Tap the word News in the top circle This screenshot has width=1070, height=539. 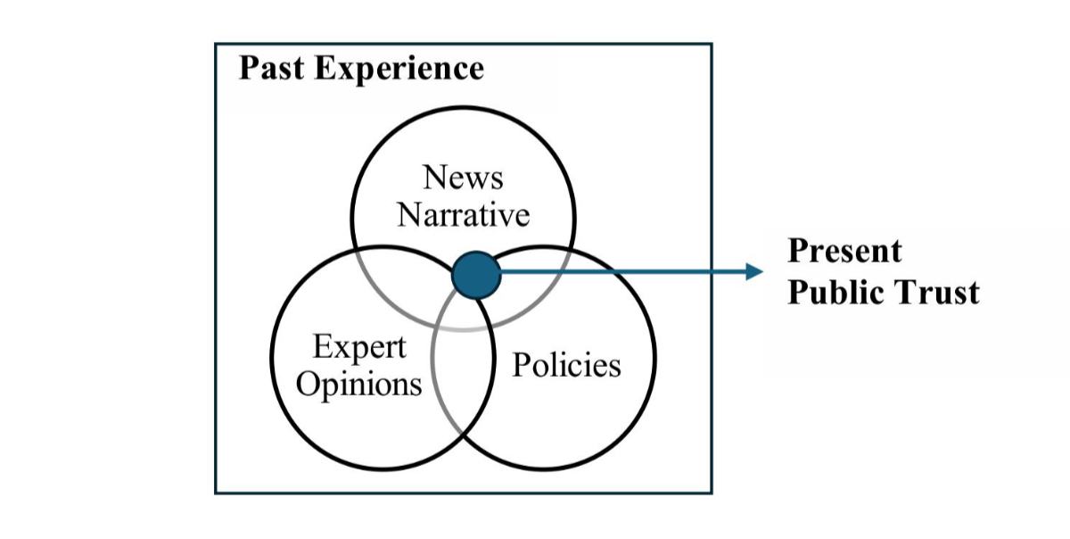463,177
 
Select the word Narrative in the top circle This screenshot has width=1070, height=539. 463,214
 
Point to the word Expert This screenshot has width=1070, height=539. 359,347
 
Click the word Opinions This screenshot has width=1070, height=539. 358,385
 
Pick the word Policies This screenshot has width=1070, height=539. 566,365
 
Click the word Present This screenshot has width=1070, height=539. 844,251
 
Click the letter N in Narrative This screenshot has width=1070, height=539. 408,214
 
